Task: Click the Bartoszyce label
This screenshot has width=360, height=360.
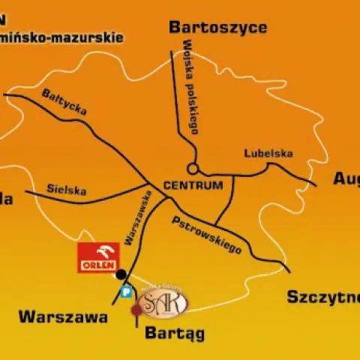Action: [x=217, y=28]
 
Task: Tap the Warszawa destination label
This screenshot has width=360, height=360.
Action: [x=63, y=316]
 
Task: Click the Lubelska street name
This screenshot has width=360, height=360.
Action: [x=268, y=153]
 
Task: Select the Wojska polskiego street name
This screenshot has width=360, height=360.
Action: [x=188, y=93]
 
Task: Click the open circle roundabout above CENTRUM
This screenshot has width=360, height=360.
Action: [x=193, y=169]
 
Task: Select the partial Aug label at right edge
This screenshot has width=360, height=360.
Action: [x=346, y=180]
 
